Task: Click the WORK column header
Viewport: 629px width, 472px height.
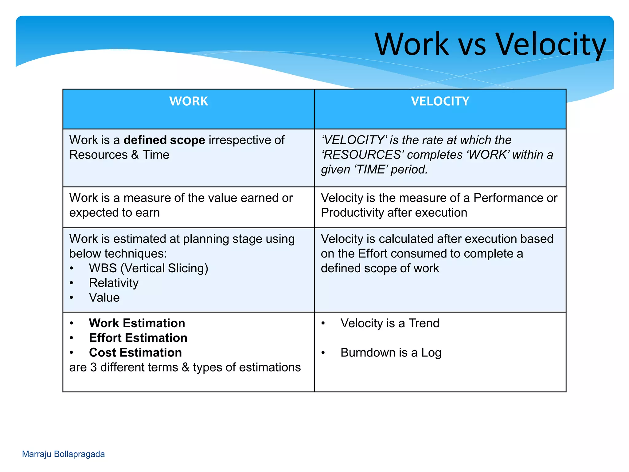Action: (x=189, y=101)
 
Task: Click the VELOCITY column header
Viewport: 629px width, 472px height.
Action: (x=440, y=101)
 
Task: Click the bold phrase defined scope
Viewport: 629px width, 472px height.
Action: (x=164, y=140)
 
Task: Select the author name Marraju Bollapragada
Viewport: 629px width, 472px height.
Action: (x=63, y=454)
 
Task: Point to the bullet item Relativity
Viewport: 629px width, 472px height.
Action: (x=114, y=283)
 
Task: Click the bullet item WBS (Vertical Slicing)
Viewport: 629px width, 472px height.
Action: (x=148, y=268)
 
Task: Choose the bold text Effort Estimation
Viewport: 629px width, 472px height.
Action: (x=138, y=338)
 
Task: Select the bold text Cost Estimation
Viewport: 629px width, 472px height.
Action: (x=135, y=353)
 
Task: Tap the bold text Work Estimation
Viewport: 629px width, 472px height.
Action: (x=137, y=323)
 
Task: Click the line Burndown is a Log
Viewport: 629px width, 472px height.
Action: (x=391, y=353)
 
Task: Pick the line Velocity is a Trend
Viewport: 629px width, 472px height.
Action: (x=390, y=323)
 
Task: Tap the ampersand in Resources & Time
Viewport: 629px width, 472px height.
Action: (x=135, y=155)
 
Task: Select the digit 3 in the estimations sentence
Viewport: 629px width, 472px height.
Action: (x=93, y=368)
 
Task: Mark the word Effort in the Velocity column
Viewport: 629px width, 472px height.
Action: (x=373, y=254)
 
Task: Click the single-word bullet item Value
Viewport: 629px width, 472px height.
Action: (x=104, y=298)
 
